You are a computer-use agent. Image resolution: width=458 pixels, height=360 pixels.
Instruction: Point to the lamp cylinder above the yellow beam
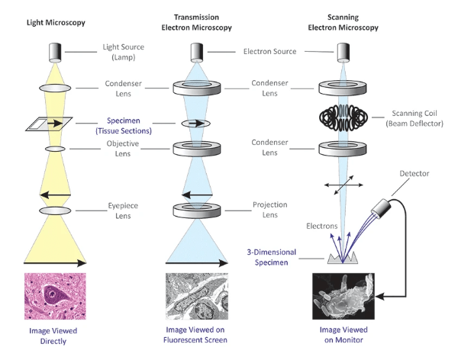pos(53,51)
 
